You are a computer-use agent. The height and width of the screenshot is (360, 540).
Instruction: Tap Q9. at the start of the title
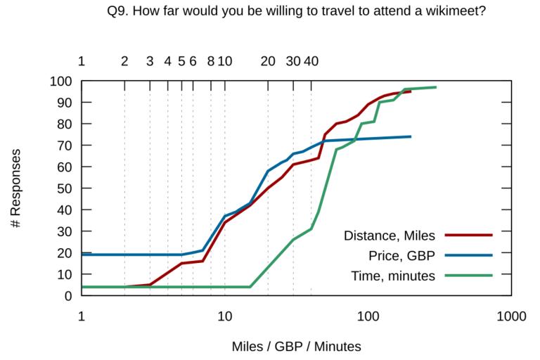[117, 12]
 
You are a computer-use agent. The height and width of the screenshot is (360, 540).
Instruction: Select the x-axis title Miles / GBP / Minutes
[297, 346]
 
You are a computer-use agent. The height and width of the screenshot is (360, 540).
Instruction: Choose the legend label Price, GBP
[402, 255]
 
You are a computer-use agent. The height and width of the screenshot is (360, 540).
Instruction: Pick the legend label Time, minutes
[394, 276]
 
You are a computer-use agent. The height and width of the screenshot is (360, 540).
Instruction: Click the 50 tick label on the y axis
[65, 188]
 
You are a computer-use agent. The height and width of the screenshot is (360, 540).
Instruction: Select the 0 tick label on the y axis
[68, 296]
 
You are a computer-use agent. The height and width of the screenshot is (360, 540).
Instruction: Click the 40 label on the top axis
[311, 61]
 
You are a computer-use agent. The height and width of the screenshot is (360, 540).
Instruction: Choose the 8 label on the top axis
[211, 61]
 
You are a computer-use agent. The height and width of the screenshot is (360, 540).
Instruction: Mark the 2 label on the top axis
[124, 61]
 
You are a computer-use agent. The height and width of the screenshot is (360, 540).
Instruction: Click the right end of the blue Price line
[411, 136]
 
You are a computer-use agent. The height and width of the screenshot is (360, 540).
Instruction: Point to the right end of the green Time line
[437, 87]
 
